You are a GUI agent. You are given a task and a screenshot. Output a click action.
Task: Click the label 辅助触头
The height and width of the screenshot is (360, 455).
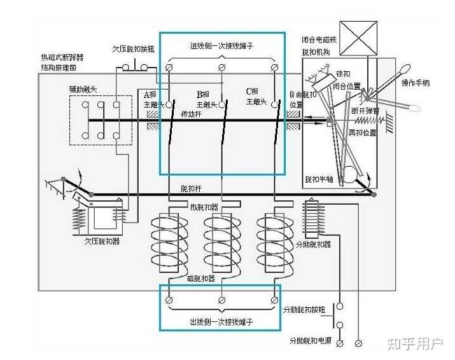[83, 89]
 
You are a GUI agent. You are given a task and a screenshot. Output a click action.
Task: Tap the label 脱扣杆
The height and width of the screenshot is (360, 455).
[191, 189]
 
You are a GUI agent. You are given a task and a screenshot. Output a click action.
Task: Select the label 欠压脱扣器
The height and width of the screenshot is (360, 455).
[102, 241]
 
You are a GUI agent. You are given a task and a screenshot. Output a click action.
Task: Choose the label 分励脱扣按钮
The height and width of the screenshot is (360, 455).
[304, 309]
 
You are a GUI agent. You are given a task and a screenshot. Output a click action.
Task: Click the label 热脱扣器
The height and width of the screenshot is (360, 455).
[203, 207]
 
